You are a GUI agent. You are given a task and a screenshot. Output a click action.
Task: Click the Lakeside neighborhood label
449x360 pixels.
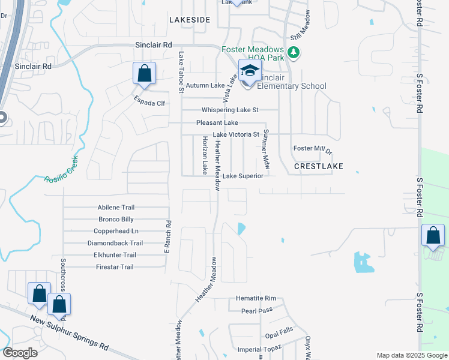tap(190, 20)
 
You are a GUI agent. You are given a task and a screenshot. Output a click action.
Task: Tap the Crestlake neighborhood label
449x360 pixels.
tap(318, 166)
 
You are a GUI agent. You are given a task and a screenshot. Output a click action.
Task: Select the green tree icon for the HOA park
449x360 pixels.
tap(294, 53)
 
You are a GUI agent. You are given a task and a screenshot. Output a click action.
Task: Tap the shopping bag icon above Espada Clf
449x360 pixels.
tap(144, 74)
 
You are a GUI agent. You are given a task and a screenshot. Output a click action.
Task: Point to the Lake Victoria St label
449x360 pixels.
tap(236, 134)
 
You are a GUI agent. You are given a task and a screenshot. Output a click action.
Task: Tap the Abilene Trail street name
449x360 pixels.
tap(116, 207)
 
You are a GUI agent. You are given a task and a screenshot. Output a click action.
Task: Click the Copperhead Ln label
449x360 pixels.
tap(116, 231)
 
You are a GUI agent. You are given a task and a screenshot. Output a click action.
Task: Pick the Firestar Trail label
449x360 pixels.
tap(115, 267)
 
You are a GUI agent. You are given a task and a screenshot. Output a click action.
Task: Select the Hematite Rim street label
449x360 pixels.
tap(255, 298)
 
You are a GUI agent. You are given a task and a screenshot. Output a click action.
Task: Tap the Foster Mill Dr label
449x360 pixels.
tap(312, 148)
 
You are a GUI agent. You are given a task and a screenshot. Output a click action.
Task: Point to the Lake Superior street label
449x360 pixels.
tap(243, 176)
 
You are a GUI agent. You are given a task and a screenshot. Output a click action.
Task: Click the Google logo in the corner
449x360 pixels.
tap(20, 353)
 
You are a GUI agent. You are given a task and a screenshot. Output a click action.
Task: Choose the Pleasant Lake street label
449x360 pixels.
tap(217, 123)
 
